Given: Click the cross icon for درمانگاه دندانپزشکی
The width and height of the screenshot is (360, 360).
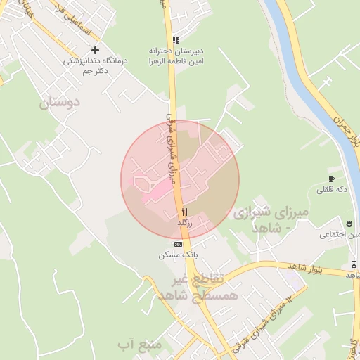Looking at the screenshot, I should click(x=96, y=51).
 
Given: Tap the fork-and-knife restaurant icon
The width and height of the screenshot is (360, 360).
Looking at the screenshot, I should click(x=184, y=211).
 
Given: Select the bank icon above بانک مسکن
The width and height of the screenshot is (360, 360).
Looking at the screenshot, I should click(x=178, y=244).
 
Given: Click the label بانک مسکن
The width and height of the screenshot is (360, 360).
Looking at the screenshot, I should click(x=178, y=255).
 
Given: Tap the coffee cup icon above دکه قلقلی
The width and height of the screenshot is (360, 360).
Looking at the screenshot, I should click(x=331, y=179).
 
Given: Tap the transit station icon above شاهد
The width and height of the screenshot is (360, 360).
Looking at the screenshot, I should click(x=354, y=264).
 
